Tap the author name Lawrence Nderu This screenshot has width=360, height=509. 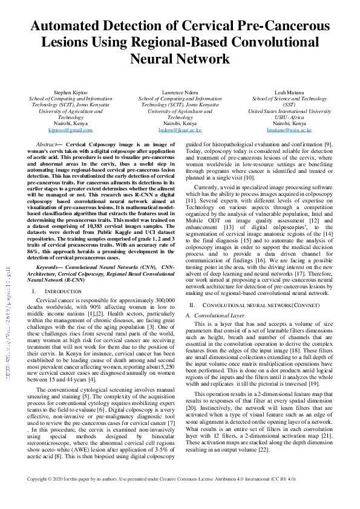[180, 92]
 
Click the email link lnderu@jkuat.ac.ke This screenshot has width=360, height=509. [180, 130]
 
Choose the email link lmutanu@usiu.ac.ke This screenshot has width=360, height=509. [289, 130]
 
